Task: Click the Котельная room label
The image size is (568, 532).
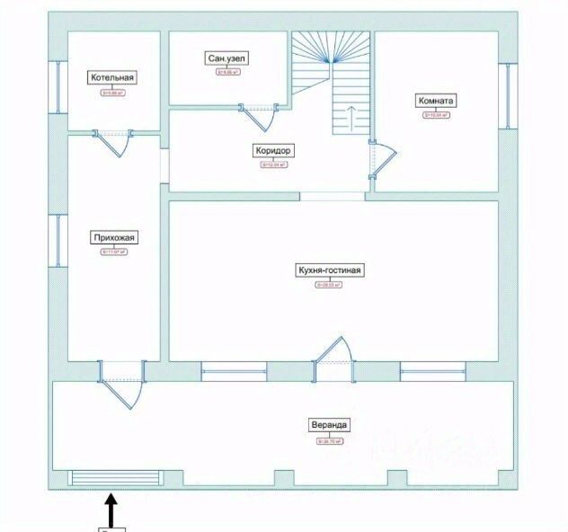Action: click(112, 77)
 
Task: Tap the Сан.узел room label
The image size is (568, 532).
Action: click(227, 58)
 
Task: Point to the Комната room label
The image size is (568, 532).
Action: click(436, 100)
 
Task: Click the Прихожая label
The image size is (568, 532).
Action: click(112, 238)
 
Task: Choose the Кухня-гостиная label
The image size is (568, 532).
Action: click(332, 270)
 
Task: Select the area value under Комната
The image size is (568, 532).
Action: click(436, 115)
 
